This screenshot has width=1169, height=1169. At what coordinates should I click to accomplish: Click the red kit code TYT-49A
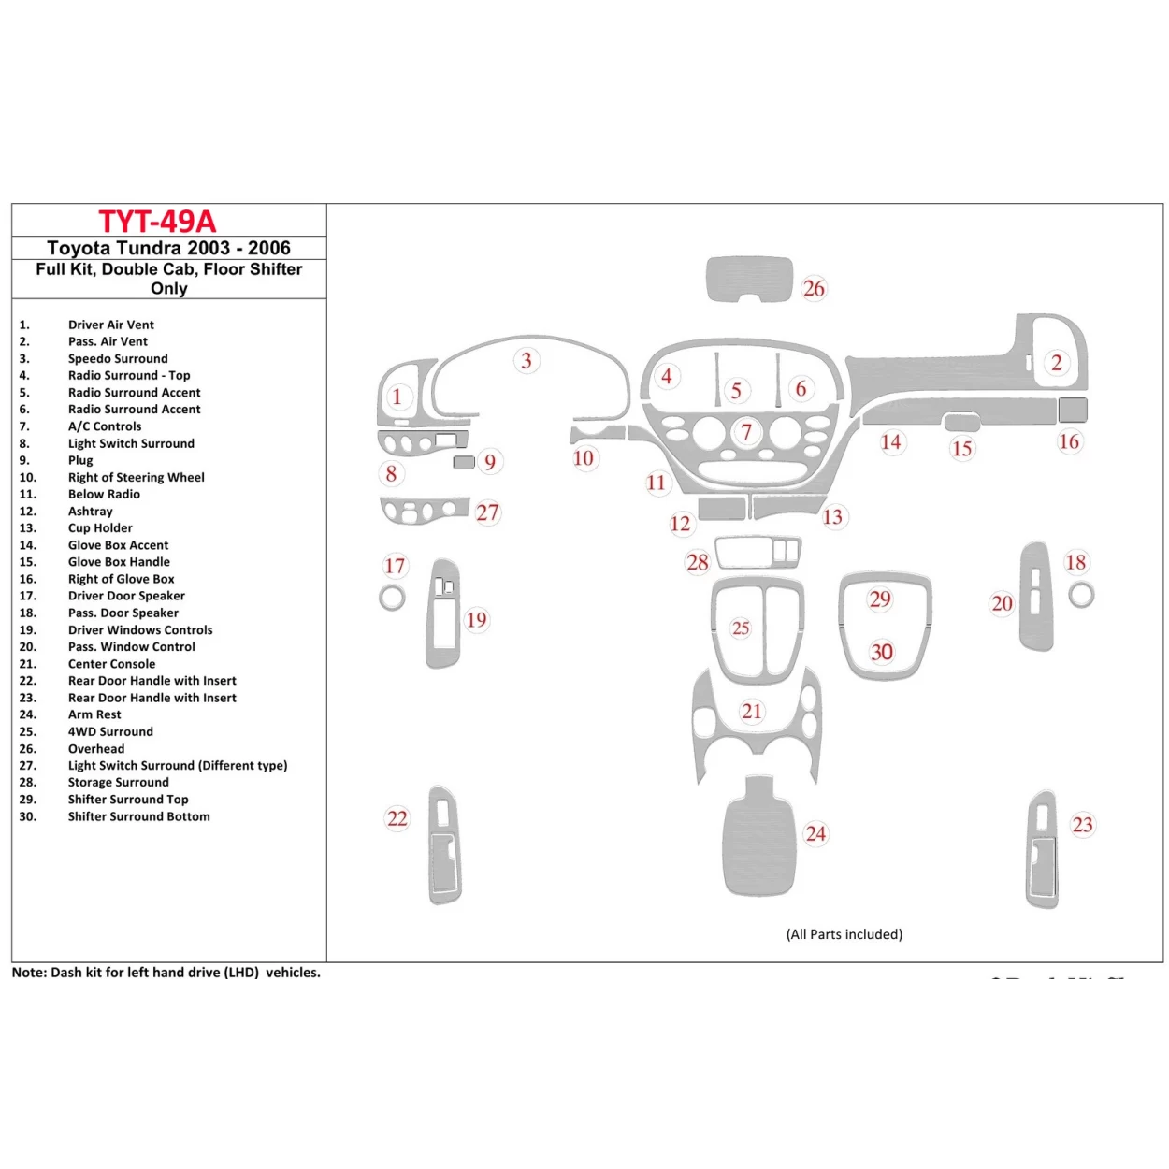(157, 222)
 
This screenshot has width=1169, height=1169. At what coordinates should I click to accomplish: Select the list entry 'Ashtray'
(90, 512)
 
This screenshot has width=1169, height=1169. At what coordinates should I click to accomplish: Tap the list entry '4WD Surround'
(110, 731)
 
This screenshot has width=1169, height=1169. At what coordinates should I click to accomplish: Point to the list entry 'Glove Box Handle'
(119, 562)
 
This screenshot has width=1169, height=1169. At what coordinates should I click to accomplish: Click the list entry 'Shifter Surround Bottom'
(138, 816)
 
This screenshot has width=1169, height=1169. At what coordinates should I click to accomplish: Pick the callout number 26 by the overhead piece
(814, 288)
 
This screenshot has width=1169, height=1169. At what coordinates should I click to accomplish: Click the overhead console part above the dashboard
(748, 278)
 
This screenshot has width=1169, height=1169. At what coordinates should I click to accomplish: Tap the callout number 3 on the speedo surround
(527, 361)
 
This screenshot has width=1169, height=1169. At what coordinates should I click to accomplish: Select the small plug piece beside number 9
(463, 462)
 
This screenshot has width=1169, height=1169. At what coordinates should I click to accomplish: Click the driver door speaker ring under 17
(392, 598)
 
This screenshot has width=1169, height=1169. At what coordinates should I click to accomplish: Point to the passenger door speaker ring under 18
(1081, 595)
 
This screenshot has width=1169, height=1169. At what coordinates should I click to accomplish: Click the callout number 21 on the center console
(752, 712)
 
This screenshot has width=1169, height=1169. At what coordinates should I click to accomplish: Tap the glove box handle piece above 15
(961, 423)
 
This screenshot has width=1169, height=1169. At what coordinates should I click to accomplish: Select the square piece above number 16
(1073, 410)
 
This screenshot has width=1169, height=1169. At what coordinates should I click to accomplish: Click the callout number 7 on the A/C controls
(746, 432)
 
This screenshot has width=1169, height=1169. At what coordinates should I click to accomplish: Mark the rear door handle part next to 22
(443, 846)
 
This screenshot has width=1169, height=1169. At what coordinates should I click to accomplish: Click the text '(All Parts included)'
(844, 934)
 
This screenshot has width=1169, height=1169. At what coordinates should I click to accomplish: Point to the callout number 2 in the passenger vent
(1057, 363)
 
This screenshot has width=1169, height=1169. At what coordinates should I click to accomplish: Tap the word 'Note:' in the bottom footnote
(29, 973)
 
